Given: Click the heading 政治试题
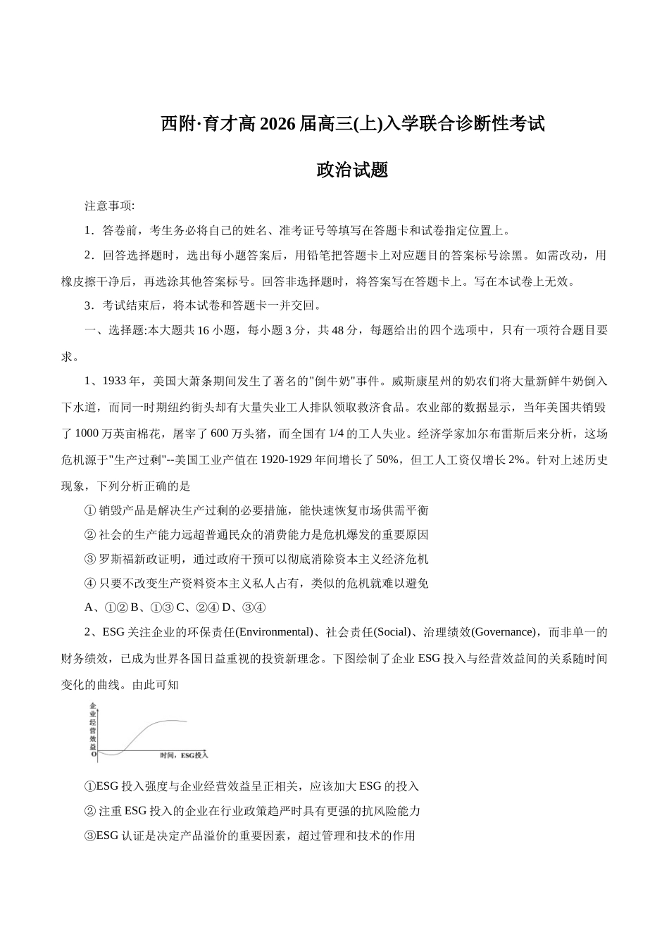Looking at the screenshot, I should tap(352, 170).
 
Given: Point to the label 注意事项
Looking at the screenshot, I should tap(109, 206).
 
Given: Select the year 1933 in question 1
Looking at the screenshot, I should tap(115, 381).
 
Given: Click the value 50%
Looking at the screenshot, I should tap(388, 460).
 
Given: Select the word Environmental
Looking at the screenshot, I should tap(275, 632).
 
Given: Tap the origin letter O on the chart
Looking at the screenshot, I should tap(93, 754).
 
